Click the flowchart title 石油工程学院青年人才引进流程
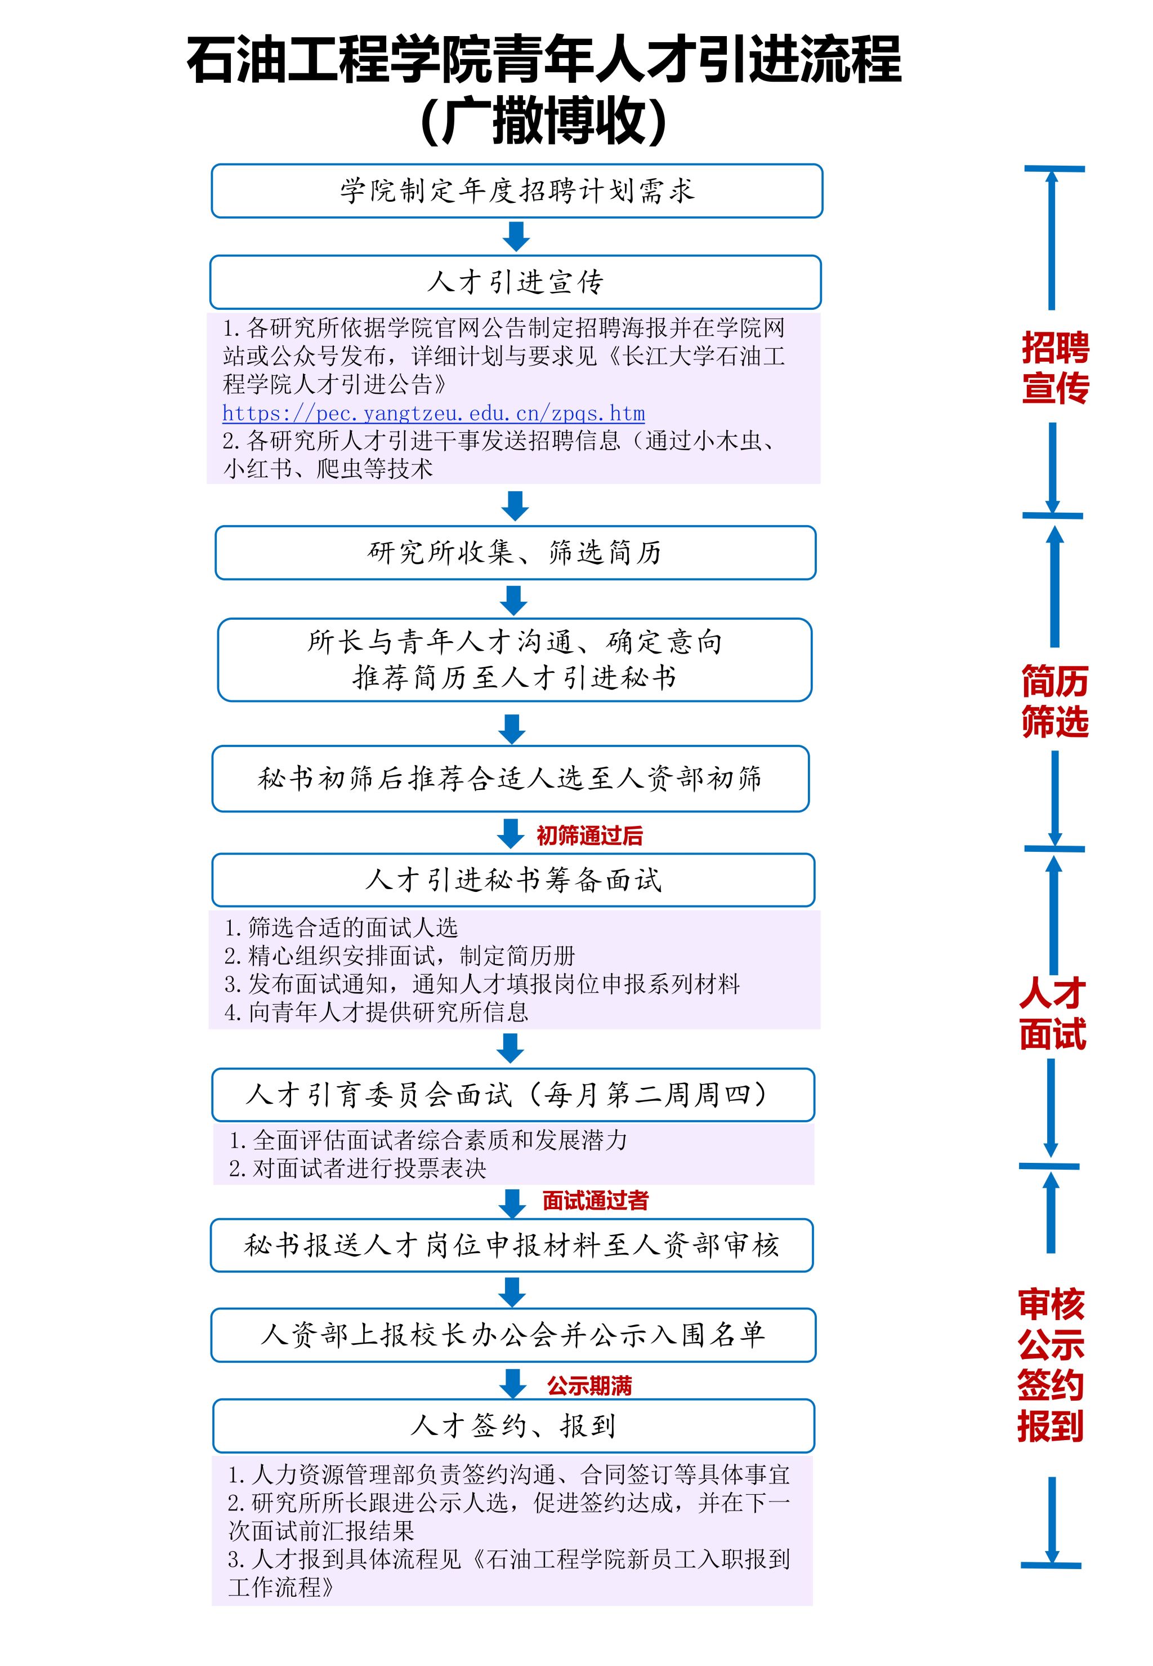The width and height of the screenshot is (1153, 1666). pos(543,59)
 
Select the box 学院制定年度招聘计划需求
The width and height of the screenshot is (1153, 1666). pos(516,191)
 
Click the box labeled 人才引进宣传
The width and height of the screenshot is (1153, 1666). pos(515,282)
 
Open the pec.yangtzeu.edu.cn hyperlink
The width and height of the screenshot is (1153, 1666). pos(434,414)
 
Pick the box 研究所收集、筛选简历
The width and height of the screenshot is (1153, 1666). pos(515,553)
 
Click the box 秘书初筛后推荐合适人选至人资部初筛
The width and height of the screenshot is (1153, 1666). pos(510,779)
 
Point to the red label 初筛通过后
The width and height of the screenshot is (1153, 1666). pos(589,836)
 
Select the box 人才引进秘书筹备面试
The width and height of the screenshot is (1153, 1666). pos(513,879)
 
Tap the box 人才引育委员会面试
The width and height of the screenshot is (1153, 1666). pos(513,1094)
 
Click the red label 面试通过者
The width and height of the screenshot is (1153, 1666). pos(595,1201)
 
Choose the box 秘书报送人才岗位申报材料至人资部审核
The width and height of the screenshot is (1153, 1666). pos(512,1245)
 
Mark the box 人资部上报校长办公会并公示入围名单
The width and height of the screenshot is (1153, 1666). pos(513,1335)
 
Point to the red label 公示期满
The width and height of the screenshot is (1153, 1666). pos(589,1385)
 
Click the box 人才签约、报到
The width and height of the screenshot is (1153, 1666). pos(513,1425)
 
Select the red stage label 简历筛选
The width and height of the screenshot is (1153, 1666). pos(1054,701)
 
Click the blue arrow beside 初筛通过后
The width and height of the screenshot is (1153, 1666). pos(511,833)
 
